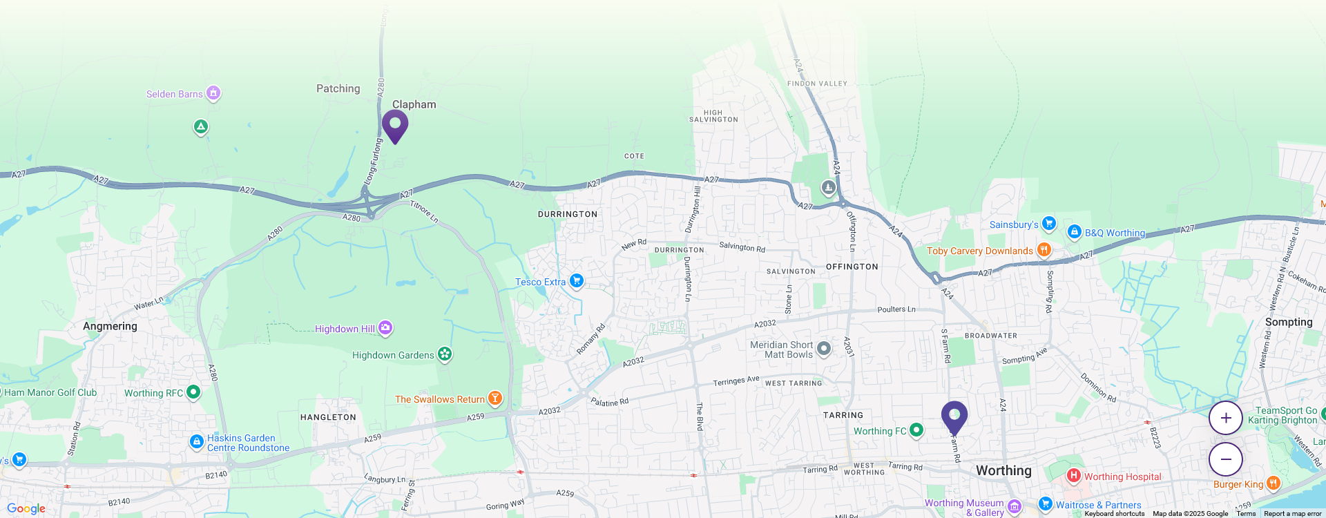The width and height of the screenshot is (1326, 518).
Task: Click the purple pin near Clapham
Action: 395,126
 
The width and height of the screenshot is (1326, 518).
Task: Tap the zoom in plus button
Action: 1225,418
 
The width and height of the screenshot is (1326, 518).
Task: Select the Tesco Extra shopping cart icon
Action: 577,280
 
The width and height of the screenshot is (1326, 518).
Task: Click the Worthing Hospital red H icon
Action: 1073,475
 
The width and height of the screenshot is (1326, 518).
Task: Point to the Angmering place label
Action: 110,326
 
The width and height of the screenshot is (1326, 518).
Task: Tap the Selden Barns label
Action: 175,94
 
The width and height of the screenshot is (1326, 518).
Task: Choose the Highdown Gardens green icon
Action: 445,354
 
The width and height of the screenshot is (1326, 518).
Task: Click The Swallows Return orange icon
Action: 494,398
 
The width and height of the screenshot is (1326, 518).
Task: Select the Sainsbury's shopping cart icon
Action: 1048,223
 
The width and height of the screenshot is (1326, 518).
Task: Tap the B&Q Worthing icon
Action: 1074,231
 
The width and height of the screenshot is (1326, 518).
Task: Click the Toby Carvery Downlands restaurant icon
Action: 1044,249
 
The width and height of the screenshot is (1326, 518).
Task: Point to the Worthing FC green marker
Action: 916,430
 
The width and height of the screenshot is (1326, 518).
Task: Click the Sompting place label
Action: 1288,322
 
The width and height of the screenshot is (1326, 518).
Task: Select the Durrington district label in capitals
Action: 568,214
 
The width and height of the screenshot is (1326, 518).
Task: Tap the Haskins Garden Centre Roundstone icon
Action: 197,441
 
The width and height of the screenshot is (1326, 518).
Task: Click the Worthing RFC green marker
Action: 193,392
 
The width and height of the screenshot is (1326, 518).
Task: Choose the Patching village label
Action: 338,88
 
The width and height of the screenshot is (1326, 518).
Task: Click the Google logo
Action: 26,509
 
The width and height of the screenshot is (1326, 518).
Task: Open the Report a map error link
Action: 1292,514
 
